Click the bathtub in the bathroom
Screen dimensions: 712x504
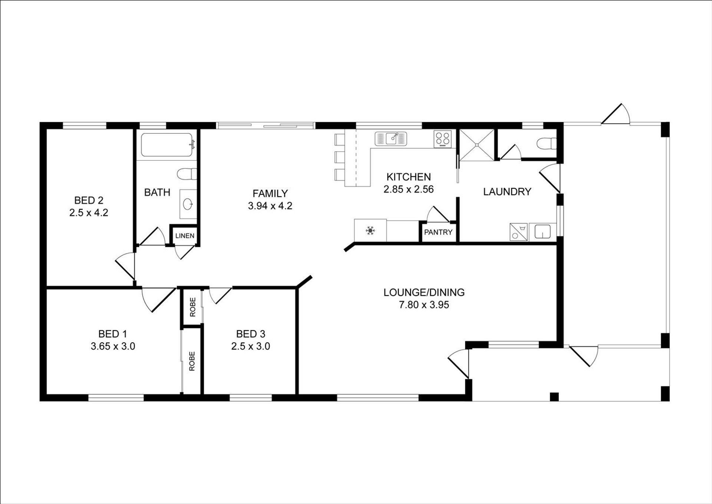(x=168, y=145)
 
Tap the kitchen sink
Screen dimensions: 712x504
(x=391, y=139)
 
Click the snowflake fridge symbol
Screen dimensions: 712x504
(x=370, y=231)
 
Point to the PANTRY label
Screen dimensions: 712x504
(x=438, y=232)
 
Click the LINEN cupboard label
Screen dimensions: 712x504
(x=185, y=236)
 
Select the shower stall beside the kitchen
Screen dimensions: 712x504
(x=477, y=145)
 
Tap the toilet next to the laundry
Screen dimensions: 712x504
(x=547, y=143)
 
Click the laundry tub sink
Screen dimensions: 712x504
(x=543, y=232)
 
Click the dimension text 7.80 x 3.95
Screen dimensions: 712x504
(x=424, y=305)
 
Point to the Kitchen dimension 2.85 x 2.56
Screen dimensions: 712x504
(x=409, y=189)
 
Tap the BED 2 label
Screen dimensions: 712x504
(x=89, y=200)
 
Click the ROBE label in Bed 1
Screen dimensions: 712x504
(x=192, y=361)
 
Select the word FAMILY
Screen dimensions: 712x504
(x=270, y=193)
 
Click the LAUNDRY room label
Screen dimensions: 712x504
(x=507, y=192)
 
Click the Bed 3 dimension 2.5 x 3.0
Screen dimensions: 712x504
(x=251, y=346)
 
